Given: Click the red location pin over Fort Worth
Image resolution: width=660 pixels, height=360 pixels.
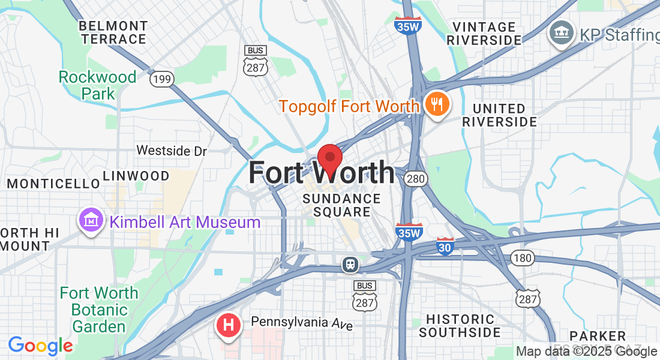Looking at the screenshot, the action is [329, 159].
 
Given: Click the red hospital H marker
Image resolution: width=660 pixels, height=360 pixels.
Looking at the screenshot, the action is [228, 326].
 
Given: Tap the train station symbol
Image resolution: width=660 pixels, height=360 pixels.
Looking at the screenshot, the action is [350, 264].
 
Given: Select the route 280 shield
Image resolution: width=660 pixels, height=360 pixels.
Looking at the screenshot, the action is [415, 178].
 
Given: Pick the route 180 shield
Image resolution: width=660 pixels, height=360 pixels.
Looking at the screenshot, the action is [523, 258].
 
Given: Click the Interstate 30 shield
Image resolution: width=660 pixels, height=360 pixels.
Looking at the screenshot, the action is [445, 246].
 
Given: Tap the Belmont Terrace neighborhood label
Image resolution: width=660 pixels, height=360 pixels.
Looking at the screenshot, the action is [113, 33].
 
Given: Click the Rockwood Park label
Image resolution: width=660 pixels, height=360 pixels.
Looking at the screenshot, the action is [98, 85].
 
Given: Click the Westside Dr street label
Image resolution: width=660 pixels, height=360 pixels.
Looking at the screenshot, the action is [172, 151].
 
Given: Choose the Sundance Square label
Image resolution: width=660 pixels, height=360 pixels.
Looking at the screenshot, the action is [342, 205].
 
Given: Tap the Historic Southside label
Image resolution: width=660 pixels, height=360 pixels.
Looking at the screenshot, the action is [460, 325].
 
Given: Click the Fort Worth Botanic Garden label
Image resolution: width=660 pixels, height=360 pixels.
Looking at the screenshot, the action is [99, 310].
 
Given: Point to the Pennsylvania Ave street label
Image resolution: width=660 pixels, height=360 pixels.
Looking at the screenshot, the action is [302, 323].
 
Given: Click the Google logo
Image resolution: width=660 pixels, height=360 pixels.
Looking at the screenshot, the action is [40, 346].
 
